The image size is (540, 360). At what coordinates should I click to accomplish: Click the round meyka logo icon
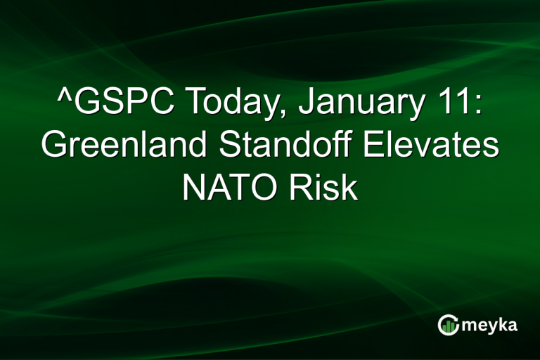click(449, 325)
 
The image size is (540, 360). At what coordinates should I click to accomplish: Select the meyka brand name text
click(490, 325)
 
